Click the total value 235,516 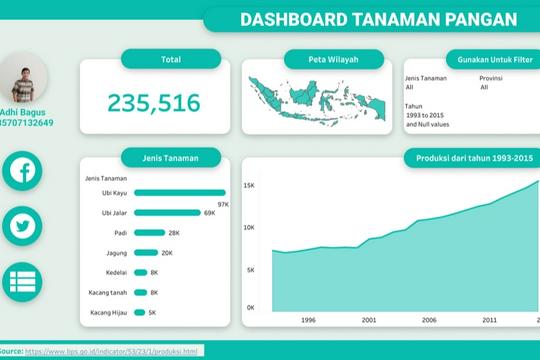point(154,102)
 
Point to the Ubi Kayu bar point(179,193)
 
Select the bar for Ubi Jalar point(166,213)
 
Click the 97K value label point(223,203)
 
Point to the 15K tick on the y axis point(249,185)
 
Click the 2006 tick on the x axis point(428,320)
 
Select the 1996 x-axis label point(308,320)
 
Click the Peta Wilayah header point(320,60)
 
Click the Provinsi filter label point(490,77)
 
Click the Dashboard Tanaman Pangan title point(365,19)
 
